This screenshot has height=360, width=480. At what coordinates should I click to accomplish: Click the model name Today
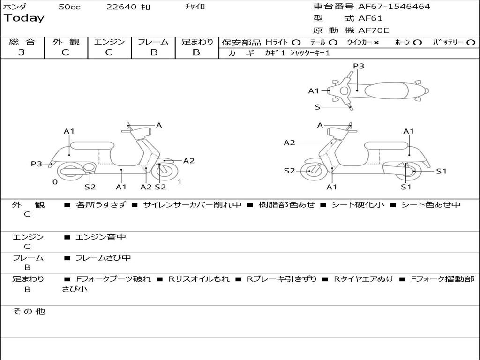[x=24, y=18]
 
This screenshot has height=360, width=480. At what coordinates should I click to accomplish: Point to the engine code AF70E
[x=374, y=31]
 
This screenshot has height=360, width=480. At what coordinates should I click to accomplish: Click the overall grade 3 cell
[x=22, y=52]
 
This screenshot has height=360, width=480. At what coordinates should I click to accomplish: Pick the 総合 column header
[x=22, y=42]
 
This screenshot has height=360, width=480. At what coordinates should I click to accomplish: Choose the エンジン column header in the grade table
[x=109, y=42]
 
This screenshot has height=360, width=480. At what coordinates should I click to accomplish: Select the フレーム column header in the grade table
[x=153, y=42]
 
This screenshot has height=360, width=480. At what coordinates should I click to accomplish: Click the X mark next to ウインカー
[x=376, y=42]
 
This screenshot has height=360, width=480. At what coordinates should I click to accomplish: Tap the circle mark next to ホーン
[x=418, y=42]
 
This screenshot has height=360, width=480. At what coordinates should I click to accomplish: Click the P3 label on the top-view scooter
[x=359, y=66]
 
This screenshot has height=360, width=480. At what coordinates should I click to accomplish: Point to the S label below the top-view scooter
[x=317, y=107]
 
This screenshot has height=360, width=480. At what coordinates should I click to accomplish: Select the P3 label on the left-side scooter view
[x=37, y=164]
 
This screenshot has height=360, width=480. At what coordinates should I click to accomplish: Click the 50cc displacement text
[x=69, y=7]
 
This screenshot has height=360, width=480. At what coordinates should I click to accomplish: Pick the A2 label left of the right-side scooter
[x=289, y=142]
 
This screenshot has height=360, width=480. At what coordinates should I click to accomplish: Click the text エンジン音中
[x=101, y=237]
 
